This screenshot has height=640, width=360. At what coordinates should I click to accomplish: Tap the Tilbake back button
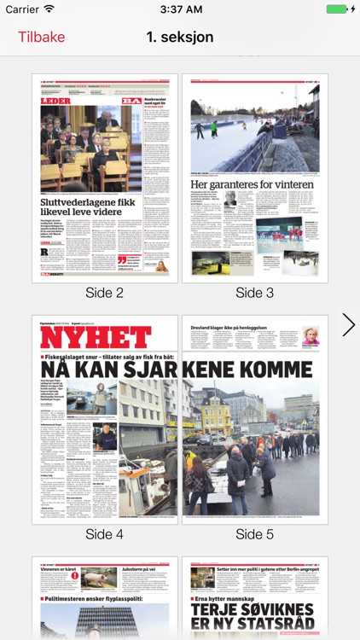[x=42, y=38]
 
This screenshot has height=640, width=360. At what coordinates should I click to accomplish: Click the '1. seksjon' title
[x=180, y=38]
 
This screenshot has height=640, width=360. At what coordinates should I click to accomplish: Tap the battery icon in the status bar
[x=338, y=9]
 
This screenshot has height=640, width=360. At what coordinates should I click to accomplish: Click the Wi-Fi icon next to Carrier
[x=49, y=9]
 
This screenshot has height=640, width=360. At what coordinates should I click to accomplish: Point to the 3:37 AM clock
[x=180, y=9]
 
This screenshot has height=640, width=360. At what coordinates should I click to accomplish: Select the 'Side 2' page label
[x=105, y=293]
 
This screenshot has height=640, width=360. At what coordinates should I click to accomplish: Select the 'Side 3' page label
[x=255, y=293]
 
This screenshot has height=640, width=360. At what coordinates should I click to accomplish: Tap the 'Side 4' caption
[x=105, y=534]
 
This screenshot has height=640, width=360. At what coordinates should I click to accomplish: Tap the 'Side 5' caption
[x=255, y=534]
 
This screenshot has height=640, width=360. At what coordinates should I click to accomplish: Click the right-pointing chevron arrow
[x=348, y=324]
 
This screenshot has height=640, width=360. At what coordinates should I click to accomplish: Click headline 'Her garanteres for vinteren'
[x=253, y=183]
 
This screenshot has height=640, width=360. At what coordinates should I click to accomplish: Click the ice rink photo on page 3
[x=255, y=128]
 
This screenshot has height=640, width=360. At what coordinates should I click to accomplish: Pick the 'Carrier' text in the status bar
[x=22, y=9]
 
